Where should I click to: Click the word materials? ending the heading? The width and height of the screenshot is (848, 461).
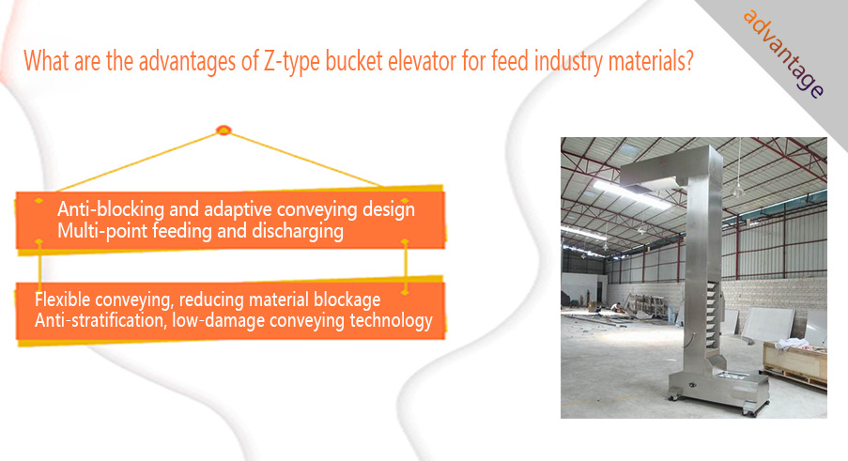[651, 60]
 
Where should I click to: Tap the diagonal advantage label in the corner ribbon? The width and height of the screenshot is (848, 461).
[783, 54]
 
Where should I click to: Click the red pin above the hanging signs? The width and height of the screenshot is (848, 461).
[224, 131]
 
